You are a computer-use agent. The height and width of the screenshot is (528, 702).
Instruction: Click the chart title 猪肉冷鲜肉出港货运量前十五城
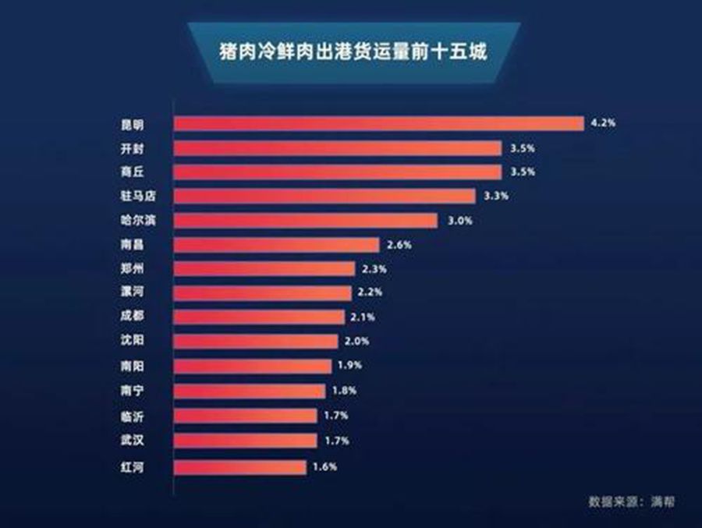353,55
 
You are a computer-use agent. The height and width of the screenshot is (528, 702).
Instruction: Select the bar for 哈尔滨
305,220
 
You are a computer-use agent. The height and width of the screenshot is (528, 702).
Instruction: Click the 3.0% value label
459,220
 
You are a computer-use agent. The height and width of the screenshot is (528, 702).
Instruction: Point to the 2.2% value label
370,292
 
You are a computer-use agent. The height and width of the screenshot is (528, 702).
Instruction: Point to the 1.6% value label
325,467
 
